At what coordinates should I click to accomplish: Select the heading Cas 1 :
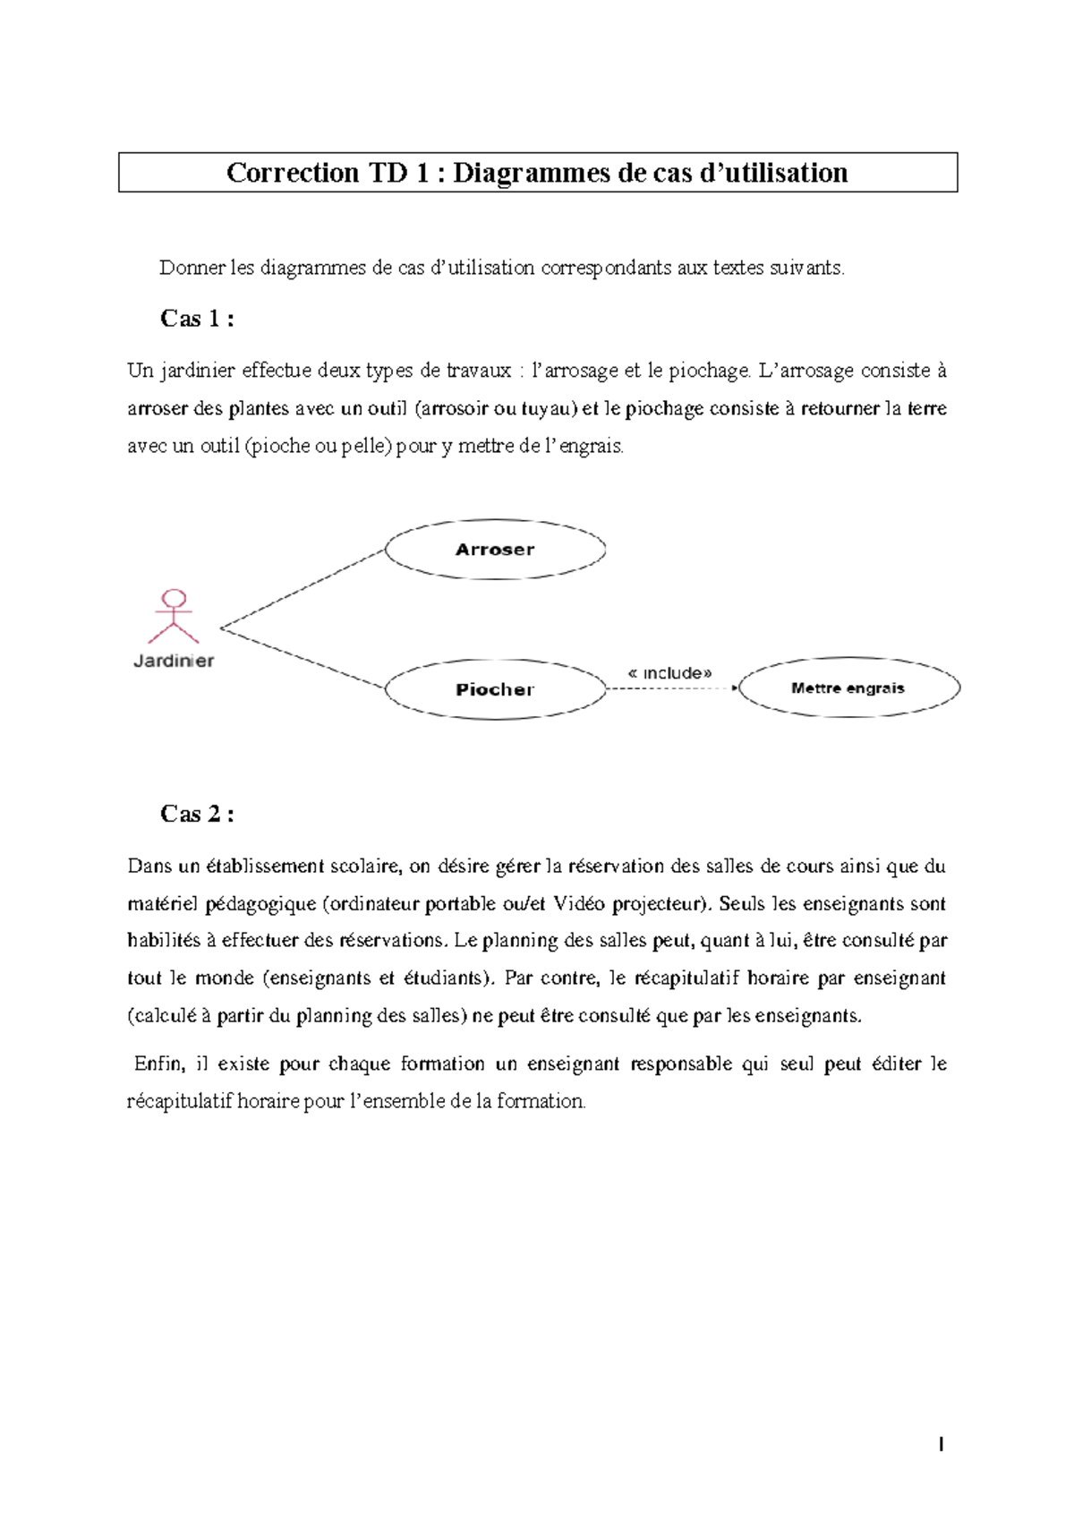tap(197, 319)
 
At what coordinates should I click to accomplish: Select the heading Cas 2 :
tap(197, 814)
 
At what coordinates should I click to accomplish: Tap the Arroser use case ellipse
tap(495, 550)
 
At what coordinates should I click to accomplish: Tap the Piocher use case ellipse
tap(495, 689)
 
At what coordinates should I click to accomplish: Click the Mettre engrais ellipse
tap(848, 688)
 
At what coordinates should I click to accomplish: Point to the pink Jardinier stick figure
tap(174, 617)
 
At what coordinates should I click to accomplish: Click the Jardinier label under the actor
tap(174, 662)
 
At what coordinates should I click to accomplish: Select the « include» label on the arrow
tap(670, 672)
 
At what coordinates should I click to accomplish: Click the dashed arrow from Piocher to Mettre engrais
tap(671, 688)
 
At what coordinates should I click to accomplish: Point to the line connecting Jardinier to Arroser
tap(303, 589)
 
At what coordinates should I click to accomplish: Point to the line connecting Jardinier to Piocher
tap(303, 658)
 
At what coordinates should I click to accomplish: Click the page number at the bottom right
tap(941, 1444)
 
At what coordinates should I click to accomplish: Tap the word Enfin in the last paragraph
tap(159, 1063)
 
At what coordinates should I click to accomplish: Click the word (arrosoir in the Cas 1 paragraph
tap(451, 408)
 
